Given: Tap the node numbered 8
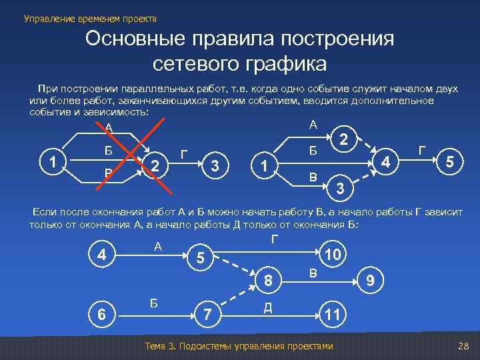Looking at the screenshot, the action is point(268,281).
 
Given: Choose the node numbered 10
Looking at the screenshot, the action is point(332,255).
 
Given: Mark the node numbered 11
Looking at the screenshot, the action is point(331,313).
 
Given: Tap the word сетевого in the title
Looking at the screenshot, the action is point(195,65).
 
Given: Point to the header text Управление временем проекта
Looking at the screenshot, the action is point(90,18).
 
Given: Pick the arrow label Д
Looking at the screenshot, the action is point(267,306).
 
